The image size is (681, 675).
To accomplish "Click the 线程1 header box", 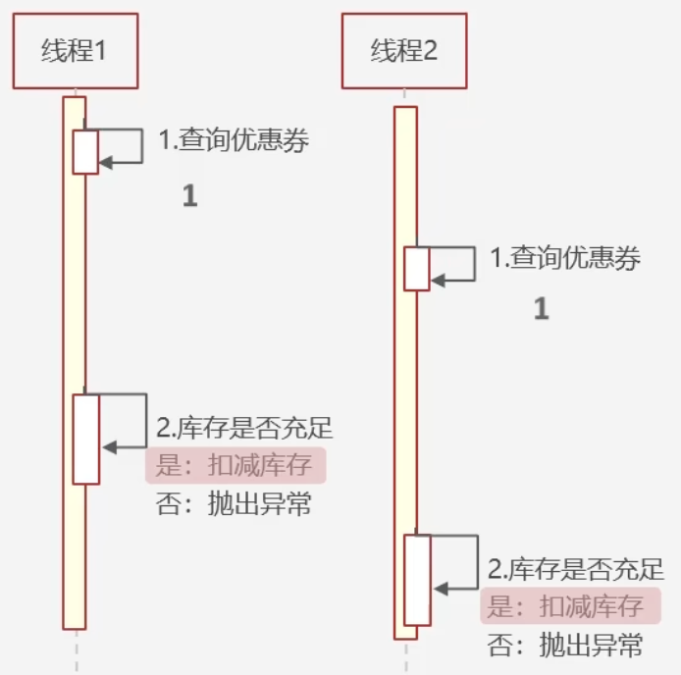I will click(76, 52).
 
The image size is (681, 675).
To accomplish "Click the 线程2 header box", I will click(403, 52).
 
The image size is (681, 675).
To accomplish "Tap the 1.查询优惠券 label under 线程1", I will click(234, 141).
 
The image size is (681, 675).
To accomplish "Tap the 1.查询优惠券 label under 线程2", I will click(565, 259).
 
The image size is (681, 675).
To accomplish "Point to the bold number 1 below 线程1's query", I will click(189, 196).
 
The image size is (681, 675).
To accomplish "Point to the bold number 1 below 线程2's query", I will click(541, 310).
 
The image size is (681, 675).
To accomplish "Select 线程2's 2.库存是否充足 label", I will click(576, 569).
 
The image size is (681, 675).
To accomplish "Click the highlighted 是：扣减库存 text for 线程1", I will click(235, 465).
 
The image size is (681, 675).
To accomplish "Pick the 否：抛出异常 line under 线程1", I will click(234, 504).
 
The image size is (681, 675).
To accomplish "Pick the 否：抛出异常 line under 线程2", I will click(565, 645).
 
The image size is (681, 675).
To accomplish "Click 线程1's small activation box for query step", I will click(85, 151).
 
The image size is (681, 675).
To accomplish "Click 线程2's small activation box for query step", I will click(417, 268).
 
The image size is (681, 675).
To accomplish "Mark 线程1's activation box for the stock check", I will click(86, 439).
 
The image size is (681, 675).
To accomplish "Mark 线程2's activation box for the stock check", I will click(418, 580).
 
